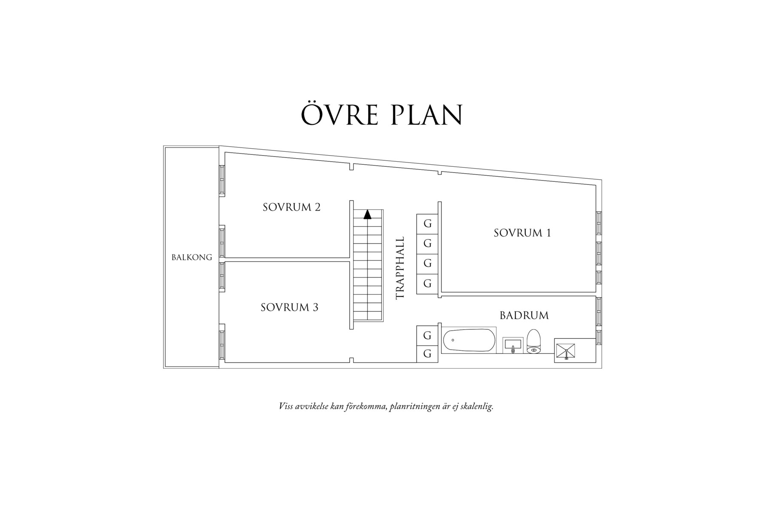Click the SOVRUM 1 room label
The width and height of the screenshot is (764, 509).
pyautogui.click(x=522, y=233)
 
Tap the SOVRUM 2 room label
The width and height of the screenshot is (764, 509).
pyautogui.click(x=291, y=207)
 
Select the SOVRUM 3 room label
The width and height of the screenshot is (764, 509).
pyautogui.click(x=289, y=307)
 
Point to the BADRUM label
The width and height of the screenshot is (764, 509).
pyautogui.click(x=524, y=316)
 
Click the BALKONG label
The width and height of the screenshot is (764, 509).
pyautogui.click(x=192, y=257)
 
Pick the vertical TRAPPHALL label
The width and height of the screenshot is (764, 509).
pyautogui.click(x=400, y=268)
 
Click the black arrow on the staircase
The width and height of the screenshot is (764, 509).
pyautogui.click(x=367, y=214)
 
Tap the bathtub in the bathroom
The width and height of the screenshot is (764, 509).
pyautogui.click(x=469, y=340)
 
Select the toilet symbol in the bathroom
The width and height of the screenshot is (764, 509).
pyautogui.click(x=534, y=342)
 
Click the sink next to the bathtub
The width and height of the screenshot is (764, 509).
pyautogui.click(x=512, y=345)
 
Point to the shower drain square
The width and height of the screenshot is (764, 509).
pyautogui.click(x=566, y=351)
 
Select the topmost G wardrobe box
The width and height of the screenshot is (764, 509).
pyautogui.click(x=427, y=223)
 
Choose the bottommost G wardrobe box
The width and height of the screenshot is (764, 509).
pyautogui.click(x=427, y=354)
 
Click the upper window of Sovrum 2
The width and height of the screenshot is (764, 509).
pyautogui.click(x=222, y=180)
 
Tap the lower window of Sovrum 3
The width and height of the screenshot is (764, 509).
pyautogui.click(x=222, y=341)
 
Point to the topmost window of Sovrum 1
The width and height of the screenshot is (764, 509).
pyautogui.click(x=599, y=223)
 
